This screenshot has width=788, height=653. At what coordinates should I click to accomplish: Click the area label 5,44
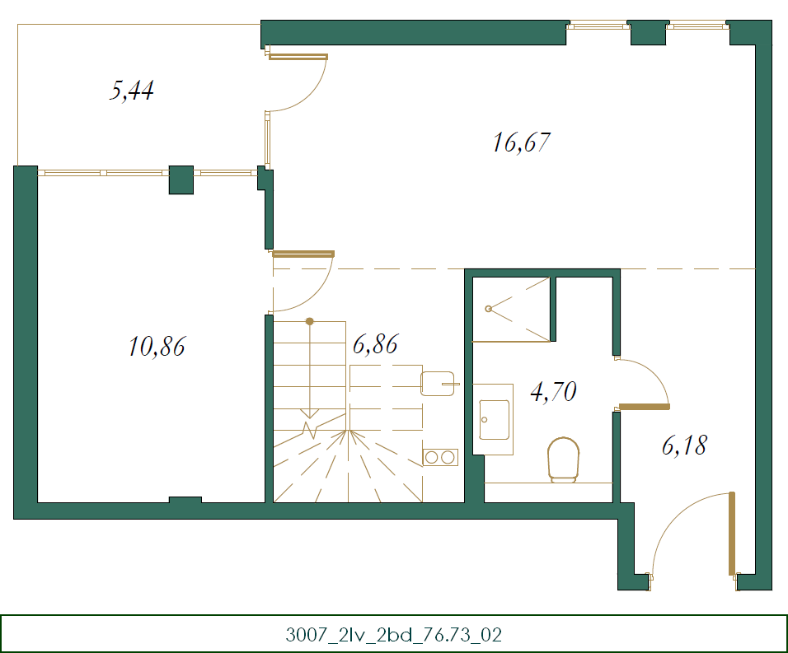[132, 90]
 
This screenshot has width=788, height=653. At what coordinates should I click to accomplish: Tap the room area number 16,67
[521, 143]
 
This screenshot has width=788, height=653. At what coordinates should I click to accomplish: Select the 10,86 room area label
[157, 347]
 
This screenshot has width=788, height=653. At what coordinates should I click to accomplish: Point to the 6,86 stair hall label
[375, 344]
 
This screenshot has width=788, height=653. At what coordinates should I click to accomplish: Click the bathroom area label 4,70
[552, 391]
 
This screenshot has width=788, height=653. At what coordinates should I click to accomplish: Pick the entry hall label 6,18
[684, 446]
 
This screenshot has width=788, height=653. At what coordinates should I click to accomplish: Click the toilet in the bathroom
[565, 458]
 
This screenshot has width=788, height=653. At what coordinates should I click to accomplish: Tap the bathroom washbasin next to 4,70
[494, 419]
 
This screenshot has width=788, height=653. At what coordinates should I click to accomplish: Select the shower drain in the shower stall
[489, 309]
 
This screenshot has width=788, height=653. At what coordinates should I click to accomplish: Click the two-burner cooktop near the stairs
[440, 457]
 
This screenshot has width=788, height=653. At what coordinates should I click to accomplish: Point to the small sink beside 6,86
[437, 383]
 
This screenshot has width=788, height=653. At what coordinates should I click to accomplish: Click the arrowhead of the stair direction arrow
[309, 413]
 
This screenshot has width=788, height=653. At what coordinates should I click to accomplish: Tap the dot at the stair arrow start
[309, 321]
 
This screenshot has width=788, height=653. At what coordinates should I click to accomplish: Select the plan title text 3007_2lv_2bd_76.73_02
[393, 635]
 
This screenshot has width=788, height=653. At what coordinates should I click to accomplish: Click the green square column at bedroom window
[181, 180]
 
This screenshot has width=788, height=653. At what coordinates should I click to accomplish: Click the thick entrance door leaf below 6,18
[731, 533]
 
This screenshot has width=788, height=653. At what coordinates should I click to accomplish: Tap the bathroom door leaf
[644, 406]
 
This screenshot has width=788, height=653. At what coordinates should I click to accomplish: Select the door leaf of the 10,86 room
[303, 254]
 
